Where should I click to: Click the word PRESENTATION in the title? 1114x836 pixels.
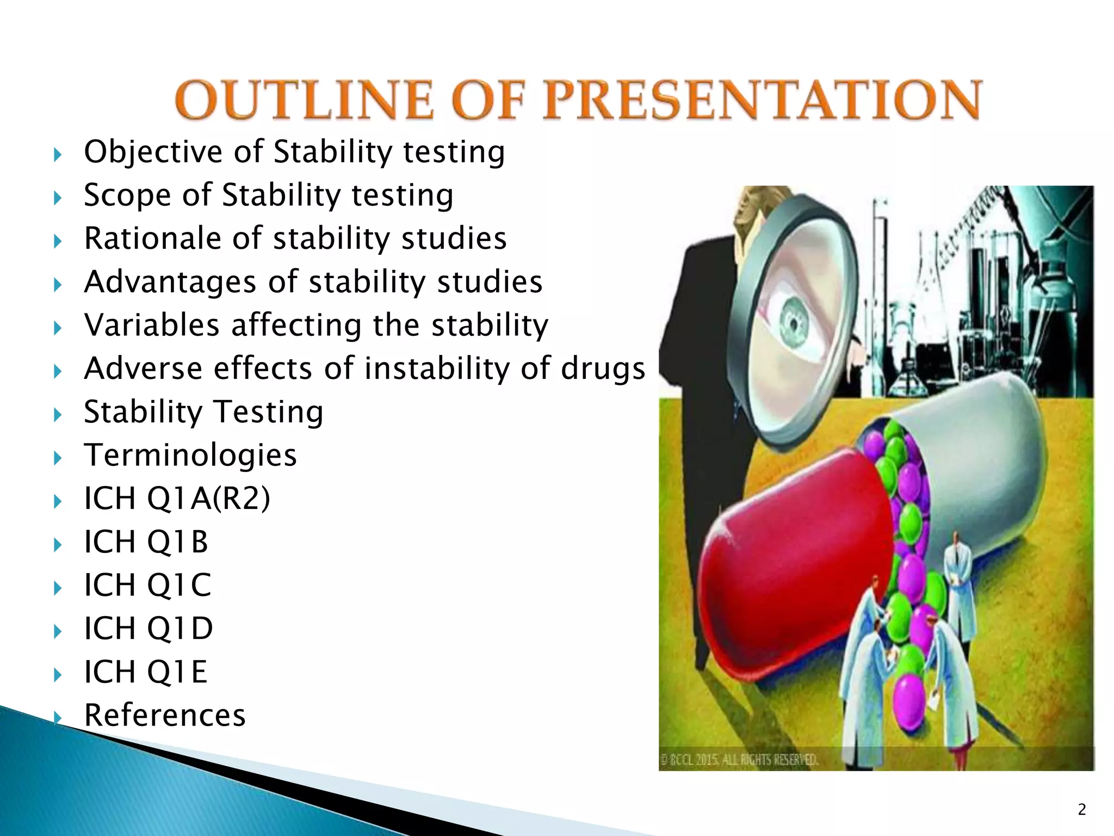pos(763,100)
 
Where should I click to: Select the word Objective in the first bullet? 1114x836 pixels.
pos(153,152)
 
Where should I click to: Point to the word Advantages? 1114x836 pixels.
pos(170,282)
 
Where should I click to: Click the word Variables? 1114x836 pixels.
pos(152,325)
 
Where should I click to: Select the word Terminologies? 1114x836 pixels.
pos(190,455)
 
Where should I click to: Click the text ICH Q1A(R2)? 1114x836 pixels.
pos(177,498)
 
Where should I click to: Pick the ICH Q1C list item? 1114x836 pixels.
pos(147,585)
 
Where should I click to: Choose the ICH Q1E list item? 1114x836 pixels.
pos(146,672)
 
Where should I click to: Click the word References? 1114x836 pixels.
pos(165,715)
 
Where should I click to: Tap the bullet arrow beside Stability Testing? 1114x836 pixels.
pos(58,415)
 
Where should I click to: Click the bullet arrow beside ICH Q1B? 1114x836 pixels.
pos(58,545)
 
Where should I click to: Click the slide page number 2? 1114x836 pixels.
pos(1081,810)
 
